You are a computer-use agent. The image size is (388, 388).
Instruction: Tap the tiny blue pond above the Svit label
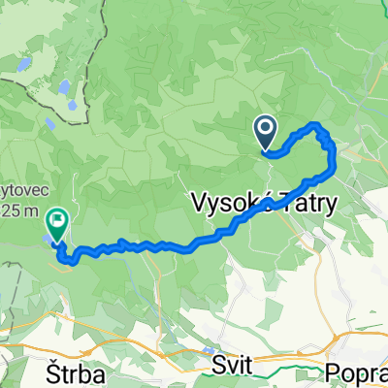209,350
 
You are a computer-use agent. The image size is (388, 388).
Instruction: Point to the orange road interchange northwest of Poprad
340,340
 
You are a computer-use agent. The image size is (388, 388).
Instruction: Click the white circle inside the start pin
267,127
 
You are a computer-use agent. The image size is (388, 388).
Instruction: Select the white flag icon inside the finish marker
56,220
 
